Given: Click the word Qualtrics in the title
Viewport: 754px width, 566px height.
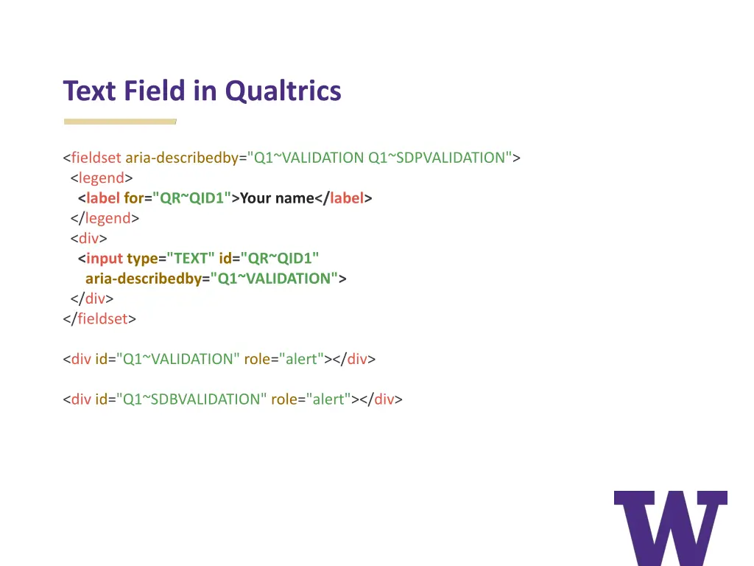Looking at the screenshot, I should click(283, 91).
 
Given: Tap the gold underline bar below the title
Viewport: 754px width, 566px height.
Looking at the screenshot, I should click(120, 121).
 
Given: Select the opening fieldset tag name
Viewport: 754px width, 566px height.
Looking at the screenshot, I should click(96, 158).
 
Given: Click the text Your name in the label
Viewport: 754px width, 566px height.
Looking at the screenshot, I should click(277, 198).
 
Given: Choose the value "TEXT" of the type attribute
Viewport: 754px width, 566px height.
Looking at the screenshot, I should click(191, 259).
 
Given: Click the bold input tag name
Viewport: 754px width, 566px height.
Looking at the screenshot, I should click(105, 259).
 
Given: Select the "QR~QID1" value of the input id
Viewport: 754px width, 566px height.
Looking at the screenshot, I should click(280, 259).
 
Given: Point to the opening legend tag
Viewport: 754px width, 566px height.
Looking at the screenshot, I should click(102, 178).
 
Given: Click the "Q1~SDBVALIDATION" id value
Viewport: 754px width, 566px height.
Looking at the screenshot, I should click(191, 399).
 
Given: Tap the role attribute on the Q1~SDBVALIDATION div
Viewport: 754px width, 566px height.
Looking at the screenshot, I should click(284, 399).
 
